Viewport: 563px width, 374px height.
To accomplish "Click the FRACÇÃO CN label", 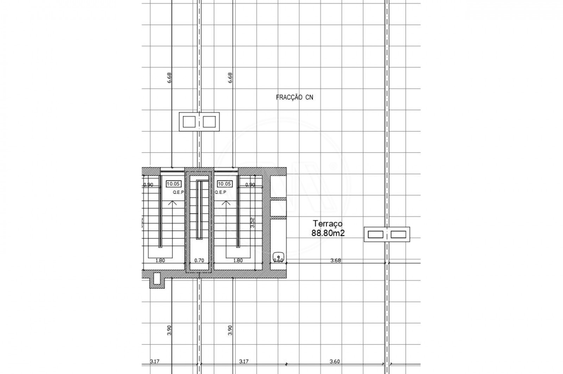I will [295, 98].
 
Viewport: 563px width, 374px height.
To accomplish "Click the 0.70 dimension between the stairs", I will [199, 261].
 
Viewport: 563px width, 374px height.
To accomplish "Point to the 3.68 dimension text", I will [336, 261].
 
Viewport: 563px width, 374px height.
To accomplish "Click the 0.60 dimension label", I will [278, 261].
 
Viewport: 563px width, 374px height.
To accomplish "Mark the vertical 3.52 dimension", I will [252, 223].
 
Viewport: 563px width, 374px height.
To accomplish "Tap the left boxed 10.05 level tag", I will [173, 183].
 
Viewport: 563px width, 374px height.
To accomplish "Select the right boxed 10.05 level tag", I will [224, 183].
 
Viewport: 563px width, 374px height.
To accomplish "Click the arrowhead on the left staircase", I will [172, 203].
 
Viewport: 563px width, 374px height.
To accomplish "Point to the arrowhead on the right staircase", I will [226, 203].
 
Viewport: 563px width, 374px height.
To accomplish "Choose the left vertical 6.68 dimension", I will [170, 78].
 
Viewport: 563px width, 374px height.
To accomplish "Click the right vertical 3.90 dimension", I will [230, 330].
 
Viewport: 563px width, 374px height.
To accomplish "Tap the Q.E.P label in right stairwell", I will [221, 192].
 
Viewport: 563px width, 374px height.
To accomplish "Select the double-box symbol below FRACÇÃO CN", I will [199, 122].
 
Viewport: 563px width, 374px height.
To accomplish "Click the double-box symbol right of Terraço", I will [387, 234].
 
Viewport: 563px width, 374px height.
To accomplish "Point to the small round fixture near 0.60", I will [278, 256].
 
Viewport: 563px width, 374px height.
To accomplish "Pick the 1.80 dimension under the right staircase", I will [238, 261].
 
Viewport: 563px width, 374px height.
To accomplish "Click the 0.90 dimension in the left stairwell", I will [148, 185].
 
